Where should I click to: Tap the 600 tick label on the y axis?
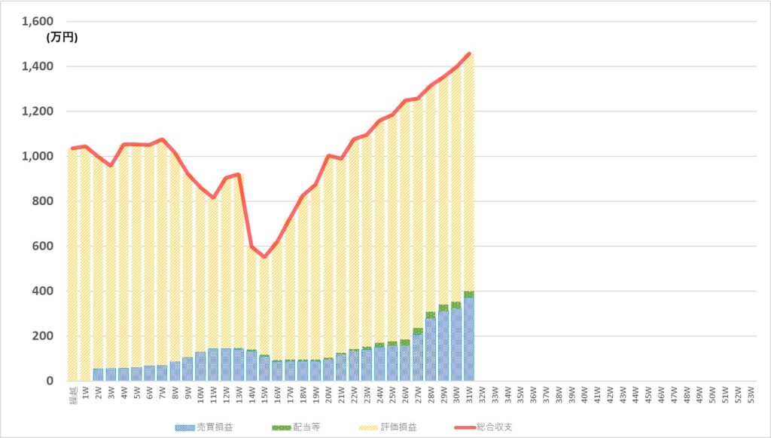pos(44,247)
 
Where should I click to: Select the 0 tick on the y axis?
pos(50,381)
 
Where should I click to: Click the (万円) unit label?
pos(61,36)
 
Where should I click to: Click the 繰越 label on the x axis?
pos(72,394)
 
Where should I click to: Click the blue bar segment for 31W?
pos(469,339)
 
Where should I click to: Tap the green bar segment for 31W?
pos(469,294)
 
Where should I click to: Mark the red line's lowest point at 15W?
pos(264,256)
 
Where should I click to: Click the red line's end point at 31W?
pos(469,54)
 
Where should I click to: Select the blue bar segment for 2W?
pos(98,375)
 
